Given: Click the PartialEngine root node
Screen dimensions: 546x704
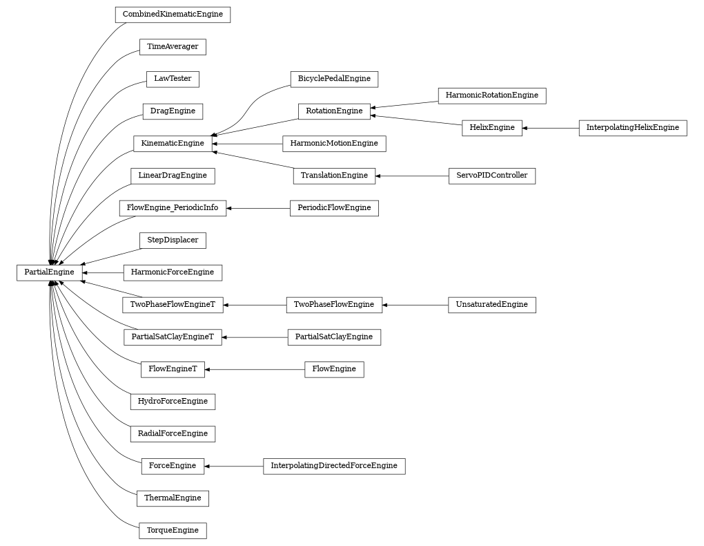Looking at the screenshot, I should pos(49,272).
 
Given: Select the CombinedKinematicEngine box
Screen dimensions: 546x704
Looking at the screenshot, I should pos(173,15).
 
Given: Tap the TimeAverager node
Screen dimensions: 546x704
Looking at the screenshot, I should pos(173,47).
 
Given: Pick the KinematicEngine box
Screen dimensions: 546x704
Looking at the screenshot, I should pos(173,144).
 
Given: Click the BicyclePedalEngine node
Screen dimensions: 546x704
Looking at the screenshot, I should pos(334,79).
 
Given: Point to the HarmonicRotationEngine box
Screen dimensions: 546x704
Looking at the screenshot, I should pos(491,95).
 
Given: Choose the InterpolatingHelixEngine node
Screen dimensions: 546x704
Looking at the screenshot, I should pos(632,128).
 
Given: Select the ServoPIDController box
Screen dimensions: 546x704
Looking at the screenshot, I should pos(491,176).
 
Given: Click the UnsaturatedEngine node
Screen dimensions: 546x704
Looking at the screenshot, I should pos(491,305).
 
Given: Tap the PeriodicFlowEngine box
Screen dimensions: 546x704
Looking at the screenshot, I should pos(334,208).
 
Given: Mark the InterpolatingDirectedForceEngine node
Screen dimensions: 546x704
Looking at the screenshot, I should pos(334,466).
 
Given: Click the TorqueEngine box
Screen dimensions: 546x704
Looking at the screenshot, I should pos(173,531).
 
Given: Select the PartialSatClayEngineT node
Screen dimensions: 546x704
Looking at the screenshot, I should pos(173,337).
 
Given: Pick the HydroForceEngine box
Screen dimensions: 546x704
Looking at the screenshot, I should pos(173,402).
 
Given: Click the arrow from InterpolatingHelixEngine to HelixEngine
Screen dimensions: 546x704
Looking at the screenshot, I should pos(550,128).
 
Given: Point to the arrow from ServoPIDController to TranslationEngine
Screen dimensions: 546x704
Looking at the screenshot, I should pos(412,176).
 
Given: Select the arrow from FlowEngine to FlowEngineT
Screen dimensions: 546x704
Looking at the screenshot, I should pos(255,370).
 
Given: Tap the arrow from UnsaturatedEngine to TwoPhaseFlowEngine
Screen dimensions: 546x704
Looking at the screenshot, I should pos(415,305).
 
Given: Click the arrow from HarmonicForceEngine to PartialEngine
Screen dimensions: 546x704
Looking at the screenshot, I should pos(103,272).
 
